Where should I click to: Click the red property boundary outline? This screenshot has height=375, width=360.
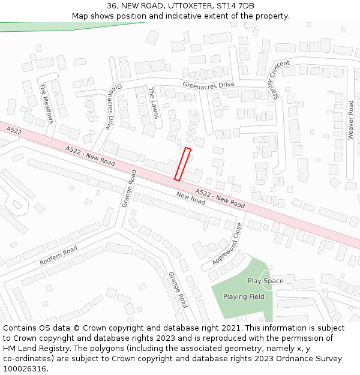182,164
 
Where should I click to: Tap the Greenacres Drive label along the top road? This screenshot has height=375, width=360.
208,85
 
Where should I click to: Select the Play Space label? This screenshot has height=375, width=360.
265,281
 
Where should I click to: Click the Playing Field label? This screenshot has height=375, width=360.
244,296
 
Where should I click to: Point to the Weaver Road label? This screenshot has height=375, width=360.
350,120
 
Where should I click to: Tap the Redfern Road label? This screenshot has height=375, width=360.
58,256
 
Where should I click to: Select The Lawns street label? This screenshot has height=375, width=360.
154,103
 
